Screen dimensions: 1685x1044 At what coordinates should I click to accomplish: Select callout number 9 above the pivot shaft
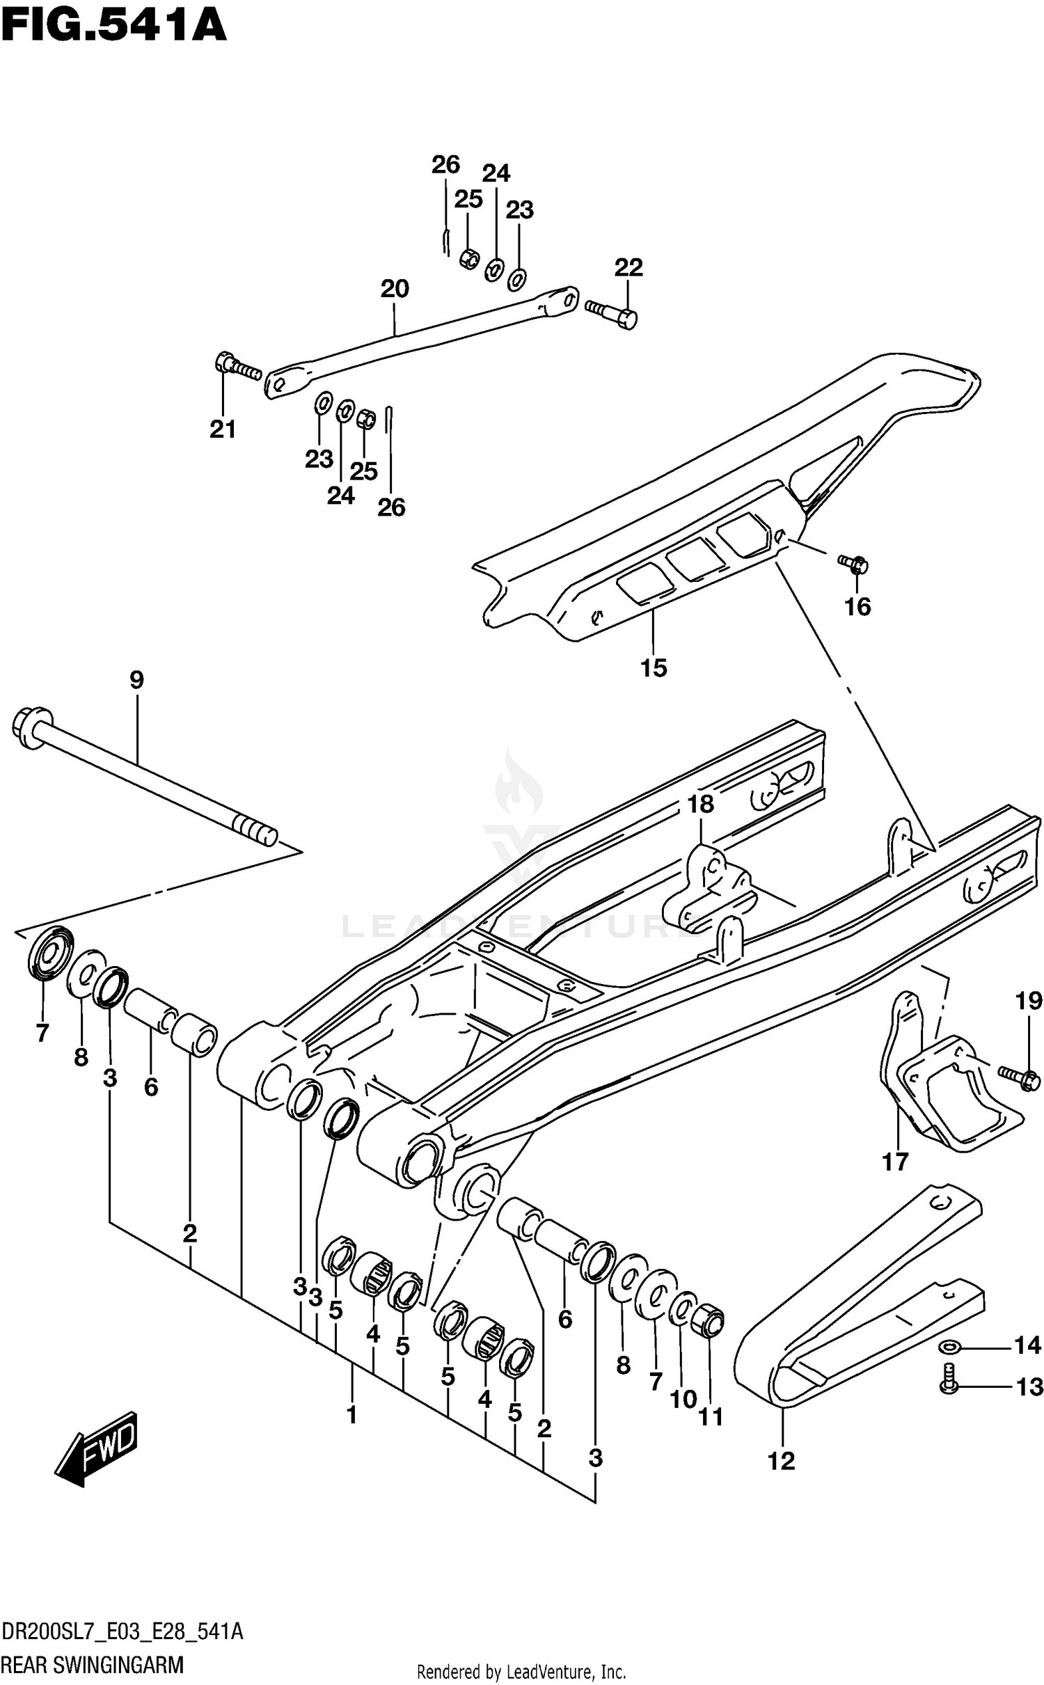click(x=136, y=679)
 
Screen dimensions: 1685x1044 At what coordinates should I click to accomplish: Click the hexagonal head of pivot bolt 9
click(x=31, y=721)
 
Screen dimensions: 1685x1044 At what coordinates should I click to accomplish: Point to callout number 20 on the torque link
click(x=395, y=288)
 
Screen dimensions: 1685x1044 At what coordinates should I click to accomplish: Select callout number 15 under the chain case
click(x=654, y=667)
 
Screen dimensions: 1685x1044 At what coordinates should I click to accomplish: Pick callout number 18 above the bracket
click(x=700, y=804)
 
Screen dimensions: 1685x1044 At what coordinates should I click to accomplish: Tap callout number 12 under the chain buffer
click(x=781, y=1460)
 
